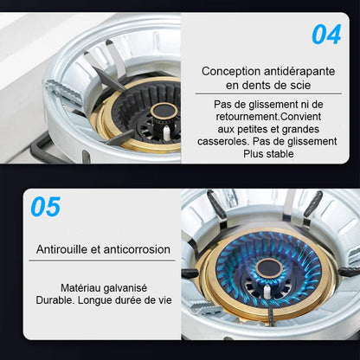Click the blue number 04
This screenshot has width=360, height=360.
point(326,35)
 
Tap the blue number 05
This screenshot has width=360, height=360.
point(46,207)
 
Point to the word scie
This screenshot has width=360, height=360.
point(300,85)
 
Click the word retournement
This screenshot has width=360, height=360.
point(247,117)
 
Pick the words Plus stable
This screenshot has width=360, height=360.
point(268,154)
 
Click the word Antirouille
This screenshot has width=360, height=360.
point(61,249)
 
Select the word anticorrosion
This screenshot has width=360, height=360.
point(137,249)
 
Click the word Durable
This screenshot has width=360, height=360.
point(55,300)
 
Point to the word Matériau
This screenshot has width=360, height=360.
point(80,288)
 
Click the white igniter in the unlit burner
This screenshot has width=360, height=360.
point(167,132)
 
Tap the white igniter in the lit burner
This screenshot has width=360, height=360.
point(267,291)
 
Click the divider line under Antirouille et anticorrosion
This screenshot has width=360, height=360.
point(102,260)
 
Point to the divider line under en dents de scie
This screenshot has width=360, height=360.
point(268,93)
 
